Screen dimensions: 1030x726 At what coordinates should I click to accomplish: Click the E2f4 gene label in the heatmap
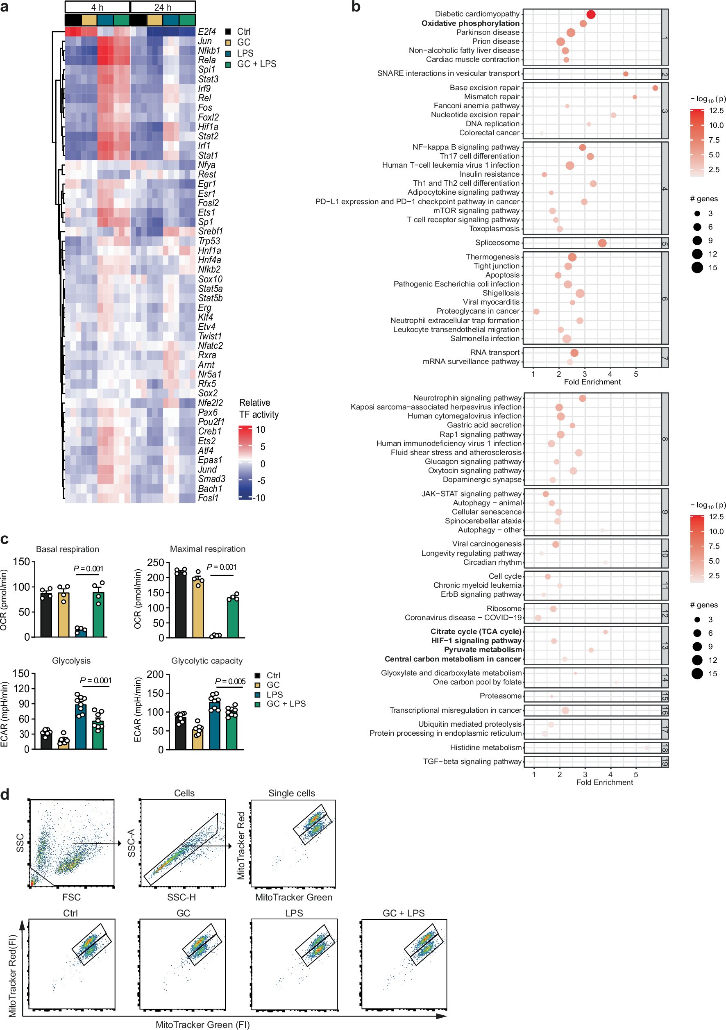pos(207,32)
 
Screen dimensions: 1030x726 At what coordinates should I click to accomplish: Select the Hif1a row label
pos(208,127)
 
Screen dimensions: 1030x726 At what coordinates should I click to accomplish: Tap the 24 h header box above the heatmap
pos(163,7)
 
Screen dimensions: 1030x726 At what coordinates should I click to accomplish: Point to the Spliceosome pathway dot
pos(602,243)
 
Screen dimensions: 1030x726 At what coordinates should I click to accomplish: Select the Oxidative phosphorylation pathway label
pos(470,23)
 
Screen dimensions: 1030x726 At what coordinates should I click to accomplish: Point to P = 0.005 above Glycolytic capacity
pos(230,682)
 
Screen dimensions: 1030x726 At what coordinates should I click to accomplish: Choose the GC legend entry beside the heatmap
pos(243,42)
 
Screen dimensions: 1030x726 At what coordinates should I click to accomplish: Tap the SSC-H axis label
pos(181,897)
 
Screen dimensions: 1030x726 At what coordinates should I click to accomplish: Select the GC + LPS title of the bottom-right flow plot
pos(404,913)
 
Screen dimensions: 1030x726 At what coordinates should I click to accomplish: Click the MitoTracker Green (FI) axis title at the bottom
pos(203,1025)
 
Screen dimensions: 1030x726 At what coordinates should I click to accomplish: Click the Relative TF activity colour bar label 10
pos(261,430)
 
